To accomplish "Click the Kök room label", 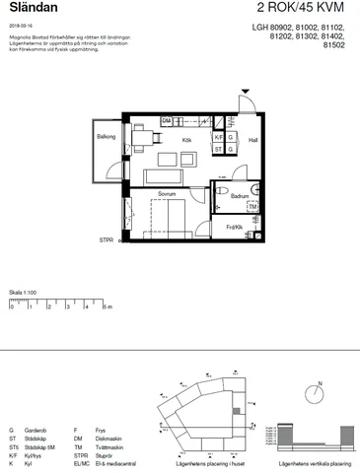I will tap(185, 141).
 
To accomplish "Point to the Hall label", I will tap(252, 141).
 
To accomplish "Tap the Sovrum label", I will tap(166, 195).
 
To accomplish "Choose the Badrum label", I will tap(240, 197).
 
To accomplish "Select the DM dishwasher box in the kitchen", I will tap(167, 121).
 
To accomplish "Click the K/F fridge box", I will tap(219, 137).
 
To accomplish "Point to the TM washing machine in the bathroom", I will tap(252, 207).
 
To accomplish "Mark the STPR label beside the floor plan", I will tap(106, 240).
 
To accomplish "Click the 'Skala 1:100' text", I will tap(23, 293).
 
